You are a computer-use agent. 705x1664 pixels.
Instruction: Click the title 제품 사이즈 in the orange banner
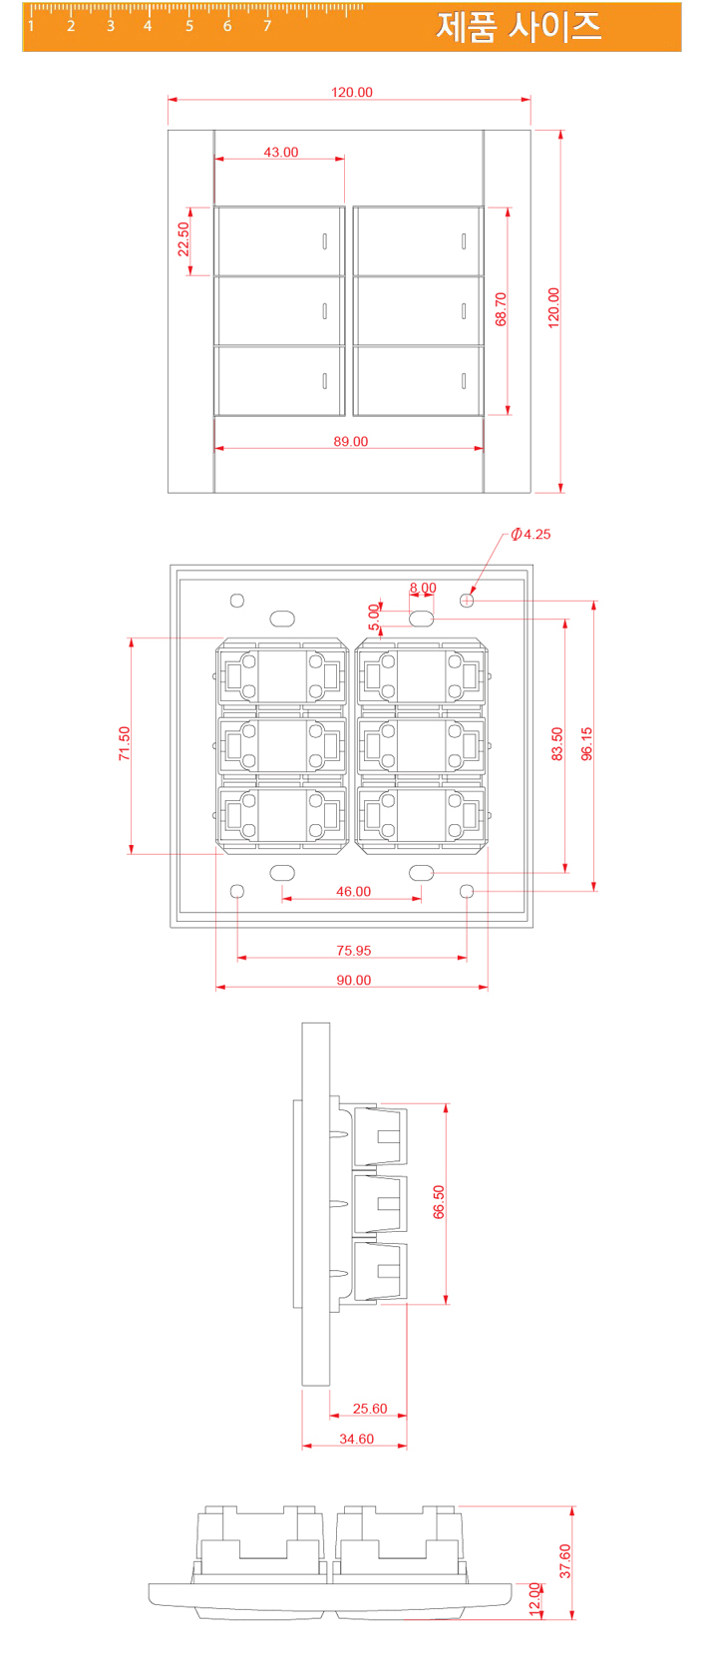519,26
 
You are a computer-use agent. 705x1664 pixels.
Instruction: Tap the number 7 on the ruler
267,26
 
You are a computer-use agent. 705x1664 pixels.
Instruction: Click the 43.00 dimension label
280,153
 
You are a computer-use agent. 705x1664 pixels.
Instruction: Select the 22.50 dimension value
183,239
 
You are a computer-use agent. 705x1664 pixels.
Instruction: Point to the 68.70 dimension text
501,309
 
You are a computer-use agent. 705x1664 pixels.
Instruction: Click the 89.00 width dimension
350,441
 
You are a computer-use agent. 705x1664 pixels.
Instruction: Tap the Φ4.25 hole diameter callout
530,534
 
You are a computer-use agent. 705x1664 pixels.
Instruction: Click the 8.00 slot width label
423,589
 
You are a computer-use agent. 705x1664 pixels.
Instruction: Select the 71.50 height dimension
125,743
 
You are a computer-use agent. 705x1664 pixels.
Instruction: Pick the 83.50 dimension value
557,744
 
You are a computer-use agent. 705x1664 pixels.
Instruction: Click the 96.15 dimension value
587,744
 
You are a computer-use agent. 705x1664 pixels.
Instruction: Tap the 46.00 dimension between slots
353,891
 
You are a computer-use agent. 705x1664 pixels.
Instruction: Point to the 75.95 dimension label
353,951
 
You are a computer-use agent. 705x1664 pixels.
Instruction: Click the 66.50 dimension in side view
439,1202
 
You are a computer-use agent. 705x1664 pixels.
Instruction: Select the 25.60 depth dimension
370,1409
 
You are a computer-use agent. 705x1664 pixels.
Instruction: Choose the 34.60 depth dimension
356,1439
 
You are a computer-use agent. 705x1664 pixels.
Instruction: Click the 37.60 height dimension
565,1560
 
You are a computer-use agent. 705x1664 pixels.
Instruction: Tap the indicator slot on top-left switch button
325,240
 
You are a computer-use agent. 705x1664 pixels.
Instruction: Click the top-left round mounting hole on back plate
237,600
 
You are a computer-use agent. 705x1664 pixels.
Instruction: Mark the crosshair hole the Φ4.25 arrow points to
467,600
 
